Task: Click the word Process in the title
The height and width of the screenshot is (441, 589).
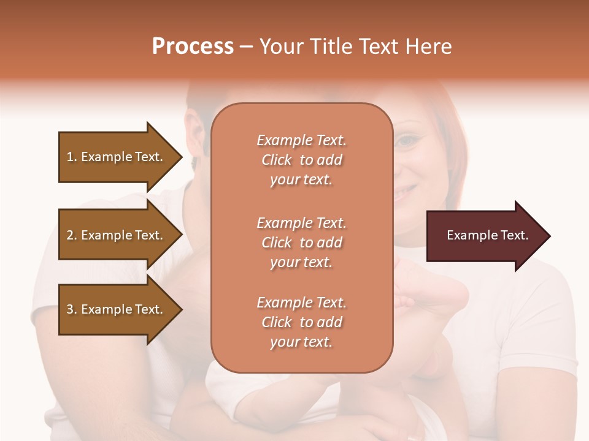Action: pos(193,47)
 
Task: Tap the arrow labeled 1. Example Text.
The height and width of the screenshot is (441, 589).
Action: pos(115,157)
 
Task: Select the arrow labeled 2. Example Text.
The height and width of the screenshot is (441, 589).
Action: pos(115,235)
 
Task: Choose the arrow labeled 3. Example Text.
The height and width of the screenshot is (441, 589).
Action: pos(115,309)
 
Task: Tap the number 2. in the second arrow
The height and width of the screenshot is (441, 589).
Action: pos(71,235)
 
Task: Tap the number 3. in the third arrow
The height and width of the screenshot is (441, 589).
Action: pos(71,309)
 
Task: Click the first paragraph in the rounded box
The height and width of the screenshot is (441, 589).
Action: pos(301,160)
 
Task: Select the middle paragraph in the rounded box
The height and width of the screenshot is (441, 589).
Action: pos(301,243)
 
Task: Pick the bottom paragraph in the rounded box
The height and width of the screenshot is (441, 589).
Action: pos(301,322)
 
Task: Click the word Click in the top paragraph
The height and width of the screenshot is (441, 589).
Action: pos(276,160)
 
